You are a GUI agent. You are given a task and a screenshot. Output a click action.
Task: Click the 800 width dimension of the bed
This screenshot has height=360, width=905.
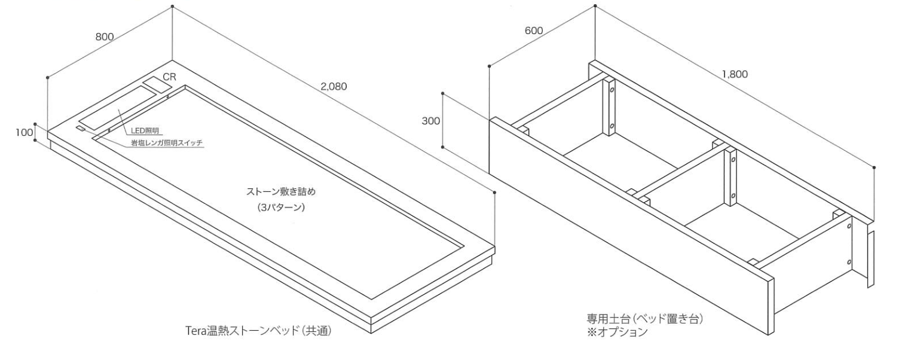pyautogui.click(x=105, y=36)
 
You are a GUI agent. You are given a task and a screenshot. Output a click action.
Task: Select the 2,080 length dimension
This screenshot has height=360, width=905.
pyautogui.click(x=334, y=87)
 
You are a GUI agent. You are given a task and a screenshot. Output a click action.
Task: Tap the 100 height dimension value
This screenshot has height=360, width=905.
pyautogui.click(x=25, y=133)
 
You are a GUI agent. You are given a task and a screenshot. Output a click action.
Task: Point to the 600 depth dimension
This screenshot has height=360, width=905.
pyautogui.click(x=534, y=30)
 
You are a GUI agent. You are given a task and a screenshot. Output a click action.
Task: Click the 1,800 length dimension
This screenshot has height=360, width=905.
pyautogui.click(x=735, y=74)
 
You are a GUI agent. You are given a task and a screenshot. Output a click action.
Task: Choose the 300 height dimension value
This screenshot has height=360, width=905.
pyautogui.click(x=431, y=121)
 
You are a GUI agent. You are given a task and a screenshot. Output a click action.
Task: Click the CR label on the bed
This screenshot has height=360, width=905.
pyautogui.click(x=170, y=77)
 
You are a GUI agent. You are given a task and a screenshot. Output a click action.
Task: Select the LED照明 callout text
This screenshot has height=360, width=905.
pyautogui.click(x=145, y=131)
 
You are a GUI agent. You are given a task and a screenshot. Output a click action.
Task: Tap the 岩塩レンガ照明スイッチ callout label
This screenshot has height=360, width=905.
pyautogui.click(x=166, y=143)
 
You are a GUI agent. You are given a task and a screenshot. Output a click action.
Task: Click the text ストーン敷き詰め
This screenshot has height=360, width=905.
pyautogui.click(x=281, y=191)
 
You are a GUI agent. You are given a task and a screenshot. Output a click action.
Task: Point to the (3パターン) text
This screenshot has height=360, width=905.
pyautogui.click(x=281, y=208)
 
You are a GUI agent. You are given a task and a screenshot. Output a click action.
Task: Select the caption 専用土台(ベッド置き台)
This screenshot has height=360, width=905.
pyautogui.click(x=645, y=319)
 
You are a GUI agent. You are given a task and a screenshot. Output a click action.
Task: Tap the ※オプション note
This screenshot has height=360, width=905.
pyautogui.click(x=617, y=332)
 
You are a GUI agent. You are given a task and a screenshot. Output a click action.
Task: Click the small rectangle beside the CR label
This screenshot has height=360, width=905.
pyautogui.click(x=158, y=84)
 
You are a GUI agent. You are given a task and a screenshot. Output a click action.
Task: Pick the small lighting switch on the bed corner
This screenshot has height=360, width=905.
pyautogui.click(x=81, y=129)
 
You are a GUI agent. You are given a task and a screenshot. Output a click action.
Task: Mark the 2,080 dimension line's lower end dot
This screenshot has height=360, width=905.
pyautogui.click(x=494, y=193)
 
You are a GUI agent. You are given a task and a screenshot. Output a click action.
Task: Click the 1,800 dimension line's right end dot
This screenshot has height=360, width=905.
pyautogui.click(x=875, y=167)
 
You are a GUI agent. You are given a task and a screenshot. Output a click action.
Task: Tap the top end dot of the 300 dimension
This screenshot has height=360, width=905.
pyautogui.click(x=443, y=93)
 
